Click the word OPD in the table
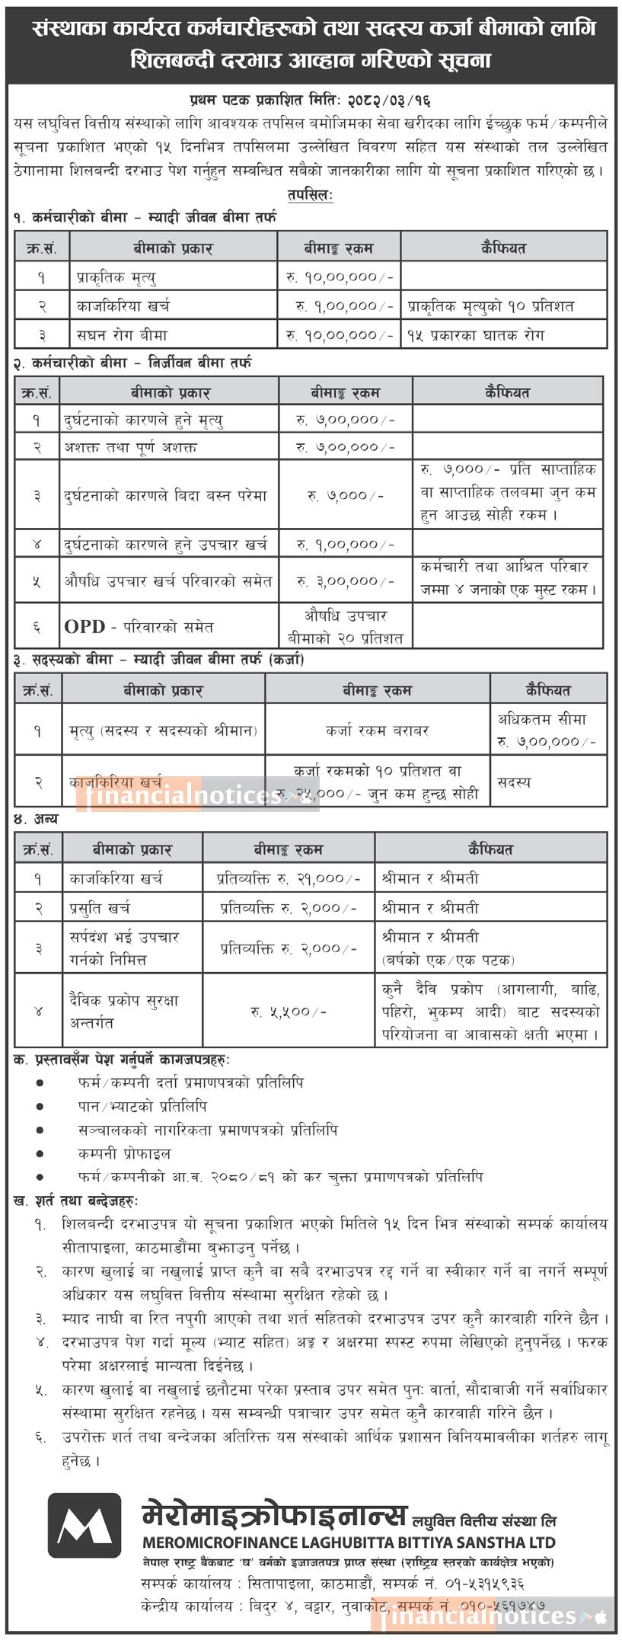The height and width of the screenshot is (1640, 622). [x=85, y=626]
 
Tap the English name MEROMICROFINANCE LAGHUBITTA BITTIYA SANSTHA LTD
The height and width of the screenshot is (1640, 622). [x=348, y=1542]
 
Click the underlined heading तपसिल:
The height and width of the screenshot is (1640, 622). [x=311, y=195]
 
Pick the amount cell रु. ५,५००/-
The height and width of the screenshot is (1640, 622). [x=289, y=1012]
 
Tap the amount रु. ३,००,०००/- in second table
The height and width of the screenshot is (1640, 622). [x=346, y=581]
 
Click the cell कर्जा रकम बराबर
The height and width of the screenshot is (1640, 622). [x=378, y=730]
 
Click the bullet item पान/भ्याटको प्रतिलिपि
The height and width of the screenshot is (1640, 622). [x=142, y=1107]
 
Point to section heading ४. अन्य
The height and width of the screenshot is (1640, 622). [x=35, y=820]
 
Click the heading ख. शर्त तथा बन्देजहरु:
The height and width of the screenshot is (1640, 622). [x=75, y=1201]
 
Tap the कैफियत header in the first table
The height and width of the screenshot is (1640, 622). [x=503, y=248]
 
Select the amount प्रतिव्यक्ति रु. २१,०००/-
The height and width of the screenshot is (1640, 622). [x=289, y=878]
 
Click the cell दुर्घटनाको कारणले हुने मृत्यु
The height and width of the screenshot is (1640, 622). [x=144, y=420]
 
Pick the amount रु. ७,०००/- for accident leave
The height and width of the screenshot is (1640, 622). [x=346, y=496]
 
